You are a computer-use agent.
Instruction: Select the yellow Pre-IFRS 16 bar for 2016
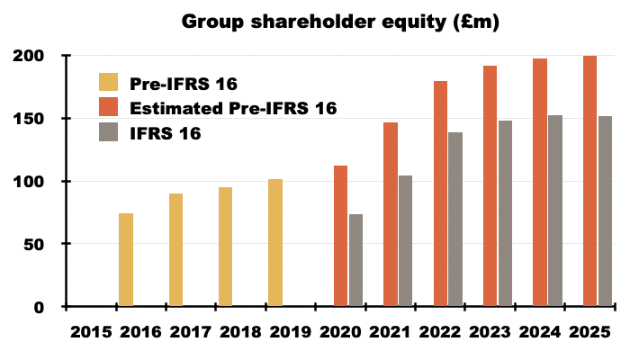(126, 260)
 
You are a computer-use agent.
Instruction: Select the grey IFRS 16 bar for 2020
(356, 261)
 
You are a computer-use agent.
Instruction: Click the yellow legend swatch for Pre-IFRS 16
(107, 84)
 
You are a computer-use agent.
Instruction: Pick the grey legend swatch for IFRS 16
(107, 133)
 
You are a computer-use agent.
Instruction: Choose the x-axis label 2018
(241, 332)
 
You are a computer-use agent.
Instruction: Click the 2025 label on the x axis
(590, 332)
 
